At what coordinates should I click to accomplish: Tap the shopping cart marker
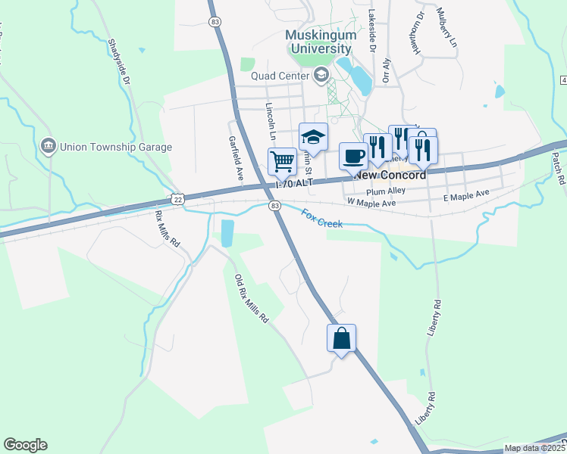point(282,160)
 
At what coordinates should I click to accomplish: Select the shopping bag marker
point(341,337)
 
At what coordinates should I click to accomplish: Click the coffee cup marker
point(353,156)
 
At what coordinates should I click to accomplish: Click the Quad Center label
point(281,75)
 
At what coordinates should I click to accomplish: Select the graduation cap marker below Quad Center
point(314,137)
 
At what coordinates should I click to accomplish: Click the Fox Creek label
point(322,220)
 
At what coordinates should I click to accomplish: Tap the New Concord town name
point(389,174)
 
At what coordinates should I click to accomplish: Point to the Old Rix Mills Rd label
point(252,299)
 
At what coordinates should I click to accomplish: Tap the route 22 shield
point(177,198)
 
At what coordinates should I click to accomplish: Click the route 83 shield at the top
point(216,23)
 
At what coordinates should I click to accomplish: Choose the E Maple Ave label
point(467,197)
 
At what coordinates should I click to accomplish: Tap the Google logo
point(25,445)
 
